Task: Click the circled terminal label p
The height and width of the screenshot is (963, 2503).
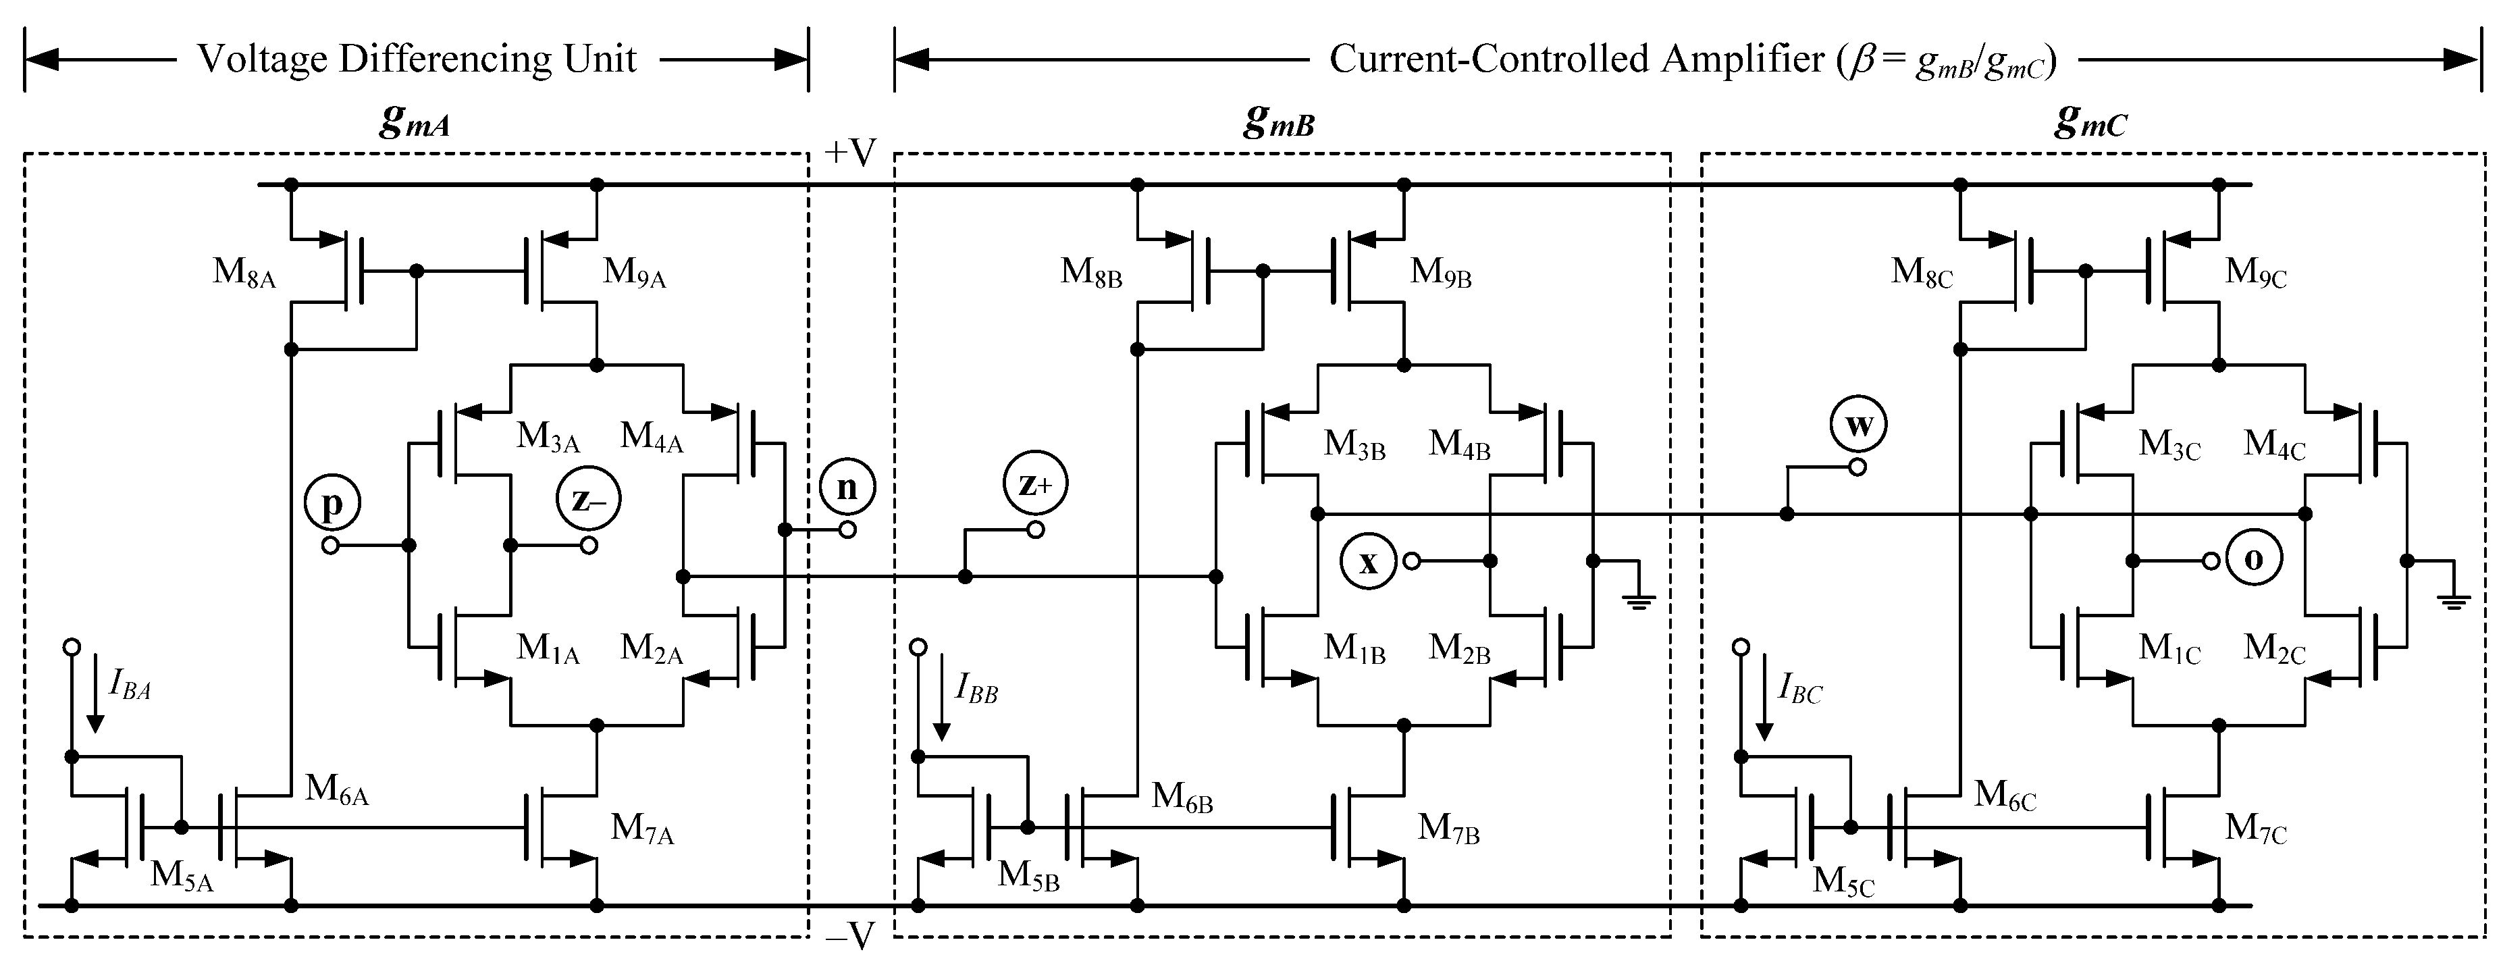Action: click(332, 503)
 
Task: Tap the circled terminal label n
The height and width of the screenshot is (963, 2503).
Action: click(846, 486)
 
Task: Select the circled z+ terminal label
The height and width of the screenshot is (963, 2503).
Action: click(1036, 483)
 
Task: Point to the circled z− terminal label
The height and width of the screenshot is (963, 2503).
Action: click(588, 500)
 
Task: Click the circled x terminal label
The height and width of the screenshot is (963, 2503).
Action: click(1368, 561)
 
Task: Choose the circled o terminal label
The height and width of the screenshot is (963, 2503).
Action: click(2253, 558)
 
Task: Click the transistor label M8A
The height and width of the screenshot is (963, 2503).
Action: click(244, 272)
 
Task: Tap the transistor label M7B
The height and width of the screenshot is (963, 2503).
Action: click(1448, 828)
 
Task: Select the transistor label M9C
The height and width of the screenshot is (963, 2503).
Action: click(2255, 272)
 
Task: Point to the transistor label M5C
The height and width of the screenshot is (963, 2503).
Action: click(1842, 881)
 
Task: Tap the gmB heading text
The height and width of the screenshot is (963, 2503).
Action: click(1279, 122)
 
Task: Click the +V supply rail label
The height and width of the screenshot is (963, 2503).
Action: click(850, 153)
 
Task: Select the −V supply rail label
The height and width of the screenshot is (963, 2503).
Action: click(850, 936)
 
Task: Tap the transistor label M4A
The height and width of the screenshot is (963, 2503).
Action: click(651, 438)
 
